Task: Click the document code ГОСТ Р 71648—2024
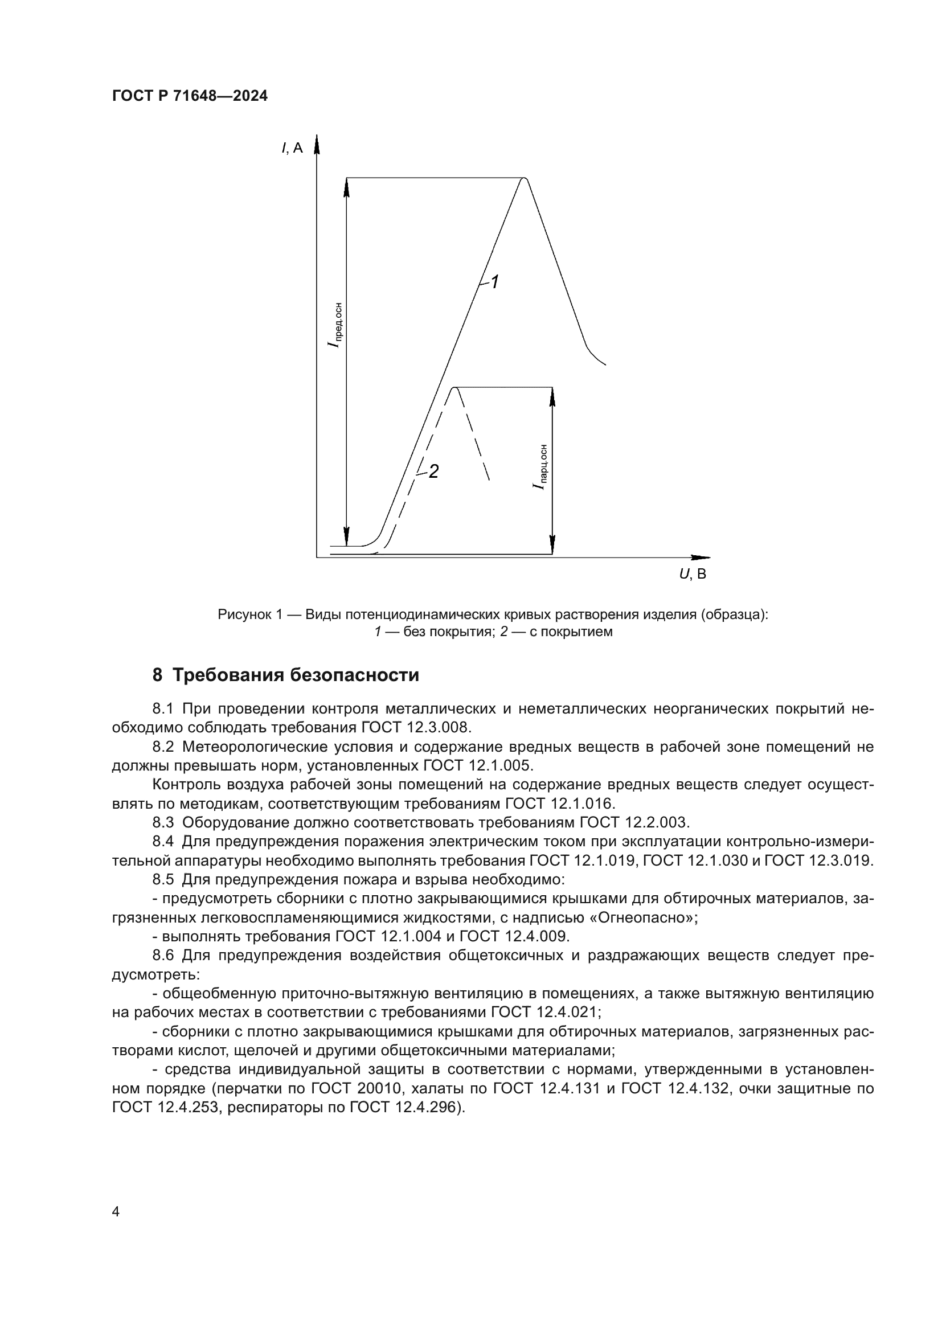(190, 96)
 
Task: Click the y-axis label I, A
(292, 148)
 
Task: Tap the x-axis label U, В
(693, 575)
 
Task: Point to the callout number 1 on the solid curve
(495, 282)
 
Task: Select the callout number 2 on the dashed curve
(433, 472)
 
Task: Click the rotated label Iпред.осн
(334, 325)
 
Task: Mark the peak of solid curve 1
(525, 179)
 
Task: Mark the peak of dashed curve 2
(456, 388)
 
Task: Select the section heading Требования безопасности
(296, 675)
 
